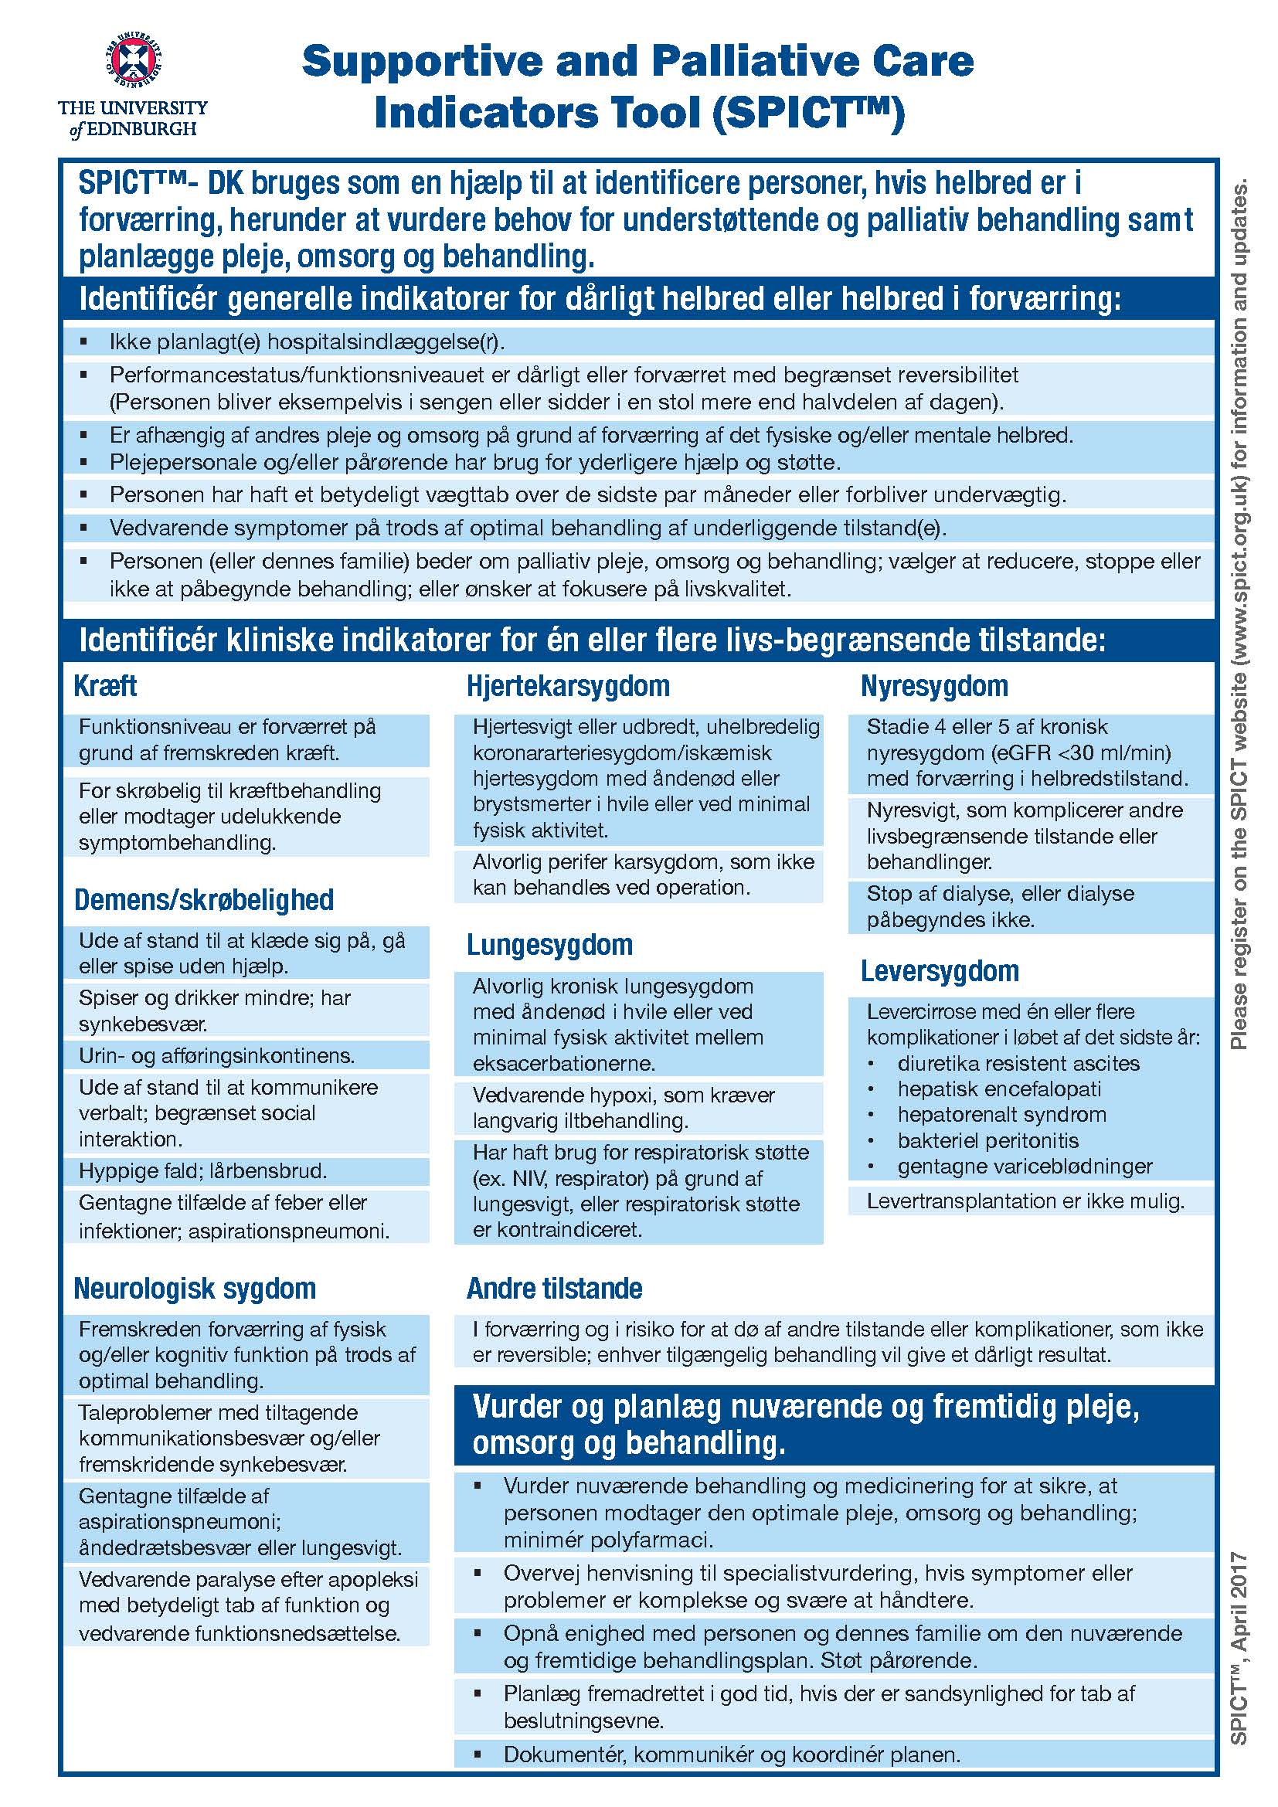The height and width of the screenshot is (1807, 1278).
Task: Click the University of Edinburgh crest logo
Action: (x=133, y=59)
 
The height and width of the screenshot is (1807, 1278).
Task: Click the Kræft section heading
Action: (x=104, y=685)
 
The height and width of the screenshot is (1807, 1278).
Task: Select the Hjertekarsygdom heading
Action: (x=567, y=685)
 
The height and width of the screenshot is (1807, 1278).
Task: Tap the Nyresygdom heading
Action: (x=934, y=685)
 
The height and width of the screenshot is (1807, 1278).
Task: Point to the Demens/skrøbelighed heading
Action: (x=204, y=899)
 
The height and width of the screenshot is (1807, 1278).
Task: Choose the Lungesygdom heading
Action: (x=549, y=944)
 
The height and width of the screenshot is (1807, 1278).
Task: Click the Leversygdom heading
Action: (x=940, y=970)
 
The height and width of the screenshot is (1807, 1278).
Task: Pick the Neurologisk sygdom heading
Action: (x=195, y=1289)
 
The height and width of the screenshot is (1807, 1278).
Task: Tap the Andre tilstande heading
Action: (x=554, y=1289)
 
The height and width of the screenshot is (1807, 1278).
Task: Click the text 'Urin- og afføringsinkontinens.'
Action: (x=216, y=1055)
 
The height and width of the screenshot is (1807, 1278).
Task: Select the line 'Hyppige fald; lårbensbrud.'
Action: (x=202, y=1171)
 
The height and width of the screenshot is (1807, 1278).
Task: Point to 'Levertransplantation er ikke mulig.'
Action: (x=1025, y=1201)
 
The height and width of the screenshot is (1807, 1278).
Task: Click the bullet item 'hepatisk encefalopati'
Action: (x=998, y=1089)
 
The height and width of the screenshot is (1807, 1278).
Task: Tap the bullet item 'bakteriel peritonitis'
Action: (x=987, y=1140)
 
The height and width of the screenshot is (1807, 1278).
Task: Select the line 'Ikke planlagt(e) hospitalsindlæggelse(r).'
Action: (x=307, y=342)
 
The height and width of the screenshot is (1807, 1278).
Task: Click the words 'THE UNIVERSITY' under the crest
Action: (x=133, y=108)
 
